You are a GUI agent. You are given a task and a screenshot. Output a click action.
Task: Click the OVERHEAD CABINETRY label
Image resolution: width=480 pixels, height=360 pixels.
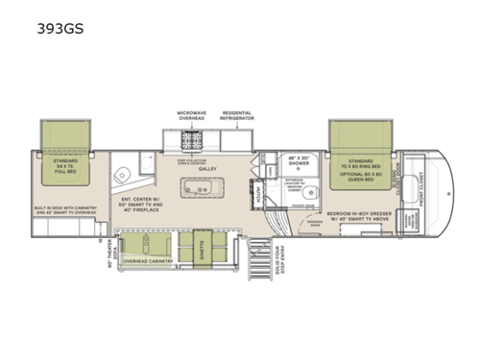[149, 260]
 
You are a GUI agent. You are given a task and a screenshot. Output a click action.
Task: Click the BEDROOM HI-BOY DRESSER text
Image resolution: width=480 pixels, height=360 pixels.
[361, 211]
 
